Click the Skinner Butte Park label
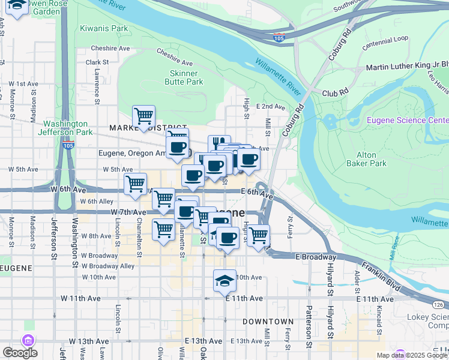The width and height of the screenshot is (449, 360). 184,77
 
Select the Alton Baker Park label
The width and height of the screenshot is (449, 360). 366,158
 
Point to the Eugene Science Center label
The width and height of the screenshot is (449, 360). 408,120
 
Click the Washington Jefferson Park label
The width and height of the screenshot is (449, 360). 64,128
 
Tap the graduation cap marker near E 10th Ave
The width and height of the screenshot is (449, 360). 224,281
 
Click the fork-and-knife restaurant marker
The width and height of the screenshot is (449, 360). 219,145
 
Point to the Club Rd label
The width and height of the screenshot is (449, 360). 335,93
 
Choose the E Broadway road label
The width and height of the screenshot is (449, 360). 314,256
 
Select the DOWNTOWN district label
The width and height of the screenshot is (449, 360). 268,322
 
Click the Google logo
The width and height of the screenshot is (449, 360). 20,353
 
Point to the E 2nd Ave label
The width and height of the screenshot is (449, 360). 270,107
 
